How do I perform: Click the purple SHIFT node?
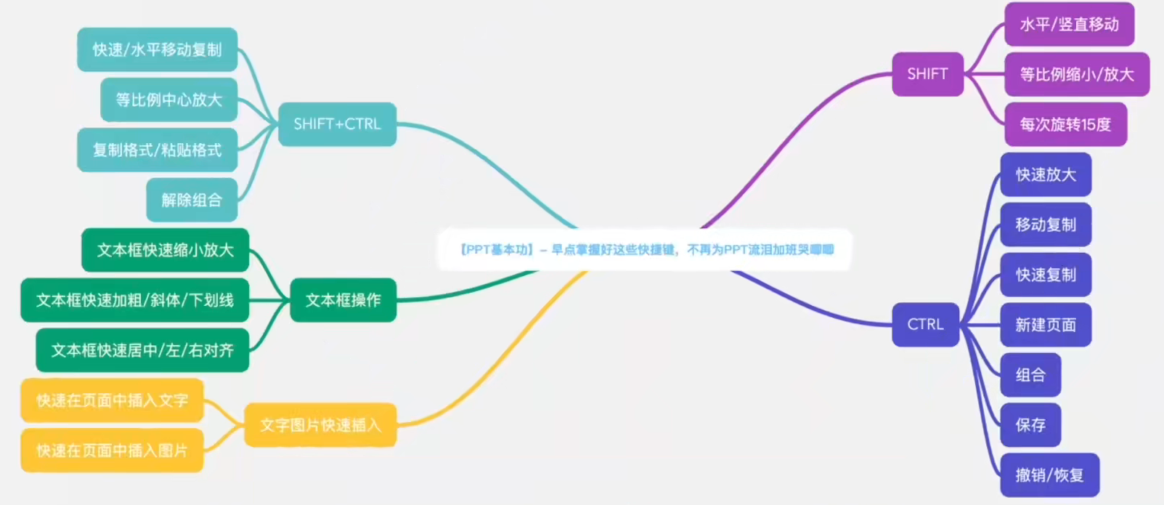(x=927, y=74)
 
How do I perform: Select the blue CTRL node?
(x=925, y=324)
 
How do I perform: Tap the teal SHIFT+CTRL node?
(x=337, y=124)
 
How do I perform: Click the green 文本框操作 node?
(x=343, y=300)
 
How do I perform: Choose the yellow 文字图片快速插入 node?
(x=320, y=425)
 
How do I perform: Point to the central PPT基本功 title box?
(x=645, y=250)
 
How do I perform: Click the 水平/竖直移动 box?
(x=1069, y=25)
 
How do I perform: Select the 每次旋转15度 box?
(x=1065, y=124)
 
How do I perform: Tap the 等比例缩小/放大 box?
(x=1076, y=74)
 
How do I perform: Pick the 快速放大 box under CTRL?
(x=1046, y=174)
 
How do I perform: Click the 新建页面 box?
(x=1046, y=325)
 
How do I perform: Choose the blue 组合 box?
(x=1030, y=375)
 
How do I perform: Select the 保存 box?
(x=1030, y=425)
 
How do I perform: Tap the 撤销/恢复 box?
(x=1049, y=475)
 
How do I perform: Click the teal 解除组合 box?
(x=192, y=200)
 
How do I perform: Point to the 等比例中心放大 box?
(x=168, y=100)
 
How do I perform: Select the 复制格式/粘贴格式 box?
(x=157, y=150)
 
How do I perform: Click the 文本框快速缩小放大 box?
(x=165, y=250)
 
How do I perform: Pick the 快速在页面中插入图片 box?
(x=112, y=451)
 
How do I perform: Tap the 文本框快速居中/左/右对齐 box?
(x=142, y=350)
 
